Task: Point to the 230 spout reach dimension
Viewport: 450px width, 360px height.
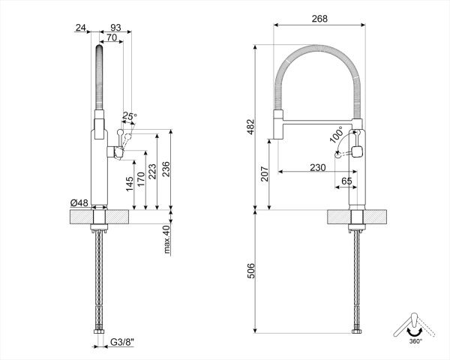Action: [x=316, y=167]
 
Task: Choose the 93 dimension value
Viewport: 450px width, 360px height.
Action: [x=115, y=27]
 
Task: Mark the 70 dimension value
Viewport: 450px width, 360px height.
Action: [x=111, y=37]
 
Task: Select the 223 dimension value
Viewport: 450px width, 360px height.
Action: [x=154, y=171]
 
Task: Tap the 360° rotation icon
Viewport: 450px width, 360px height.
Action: [x=414, y=325]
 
